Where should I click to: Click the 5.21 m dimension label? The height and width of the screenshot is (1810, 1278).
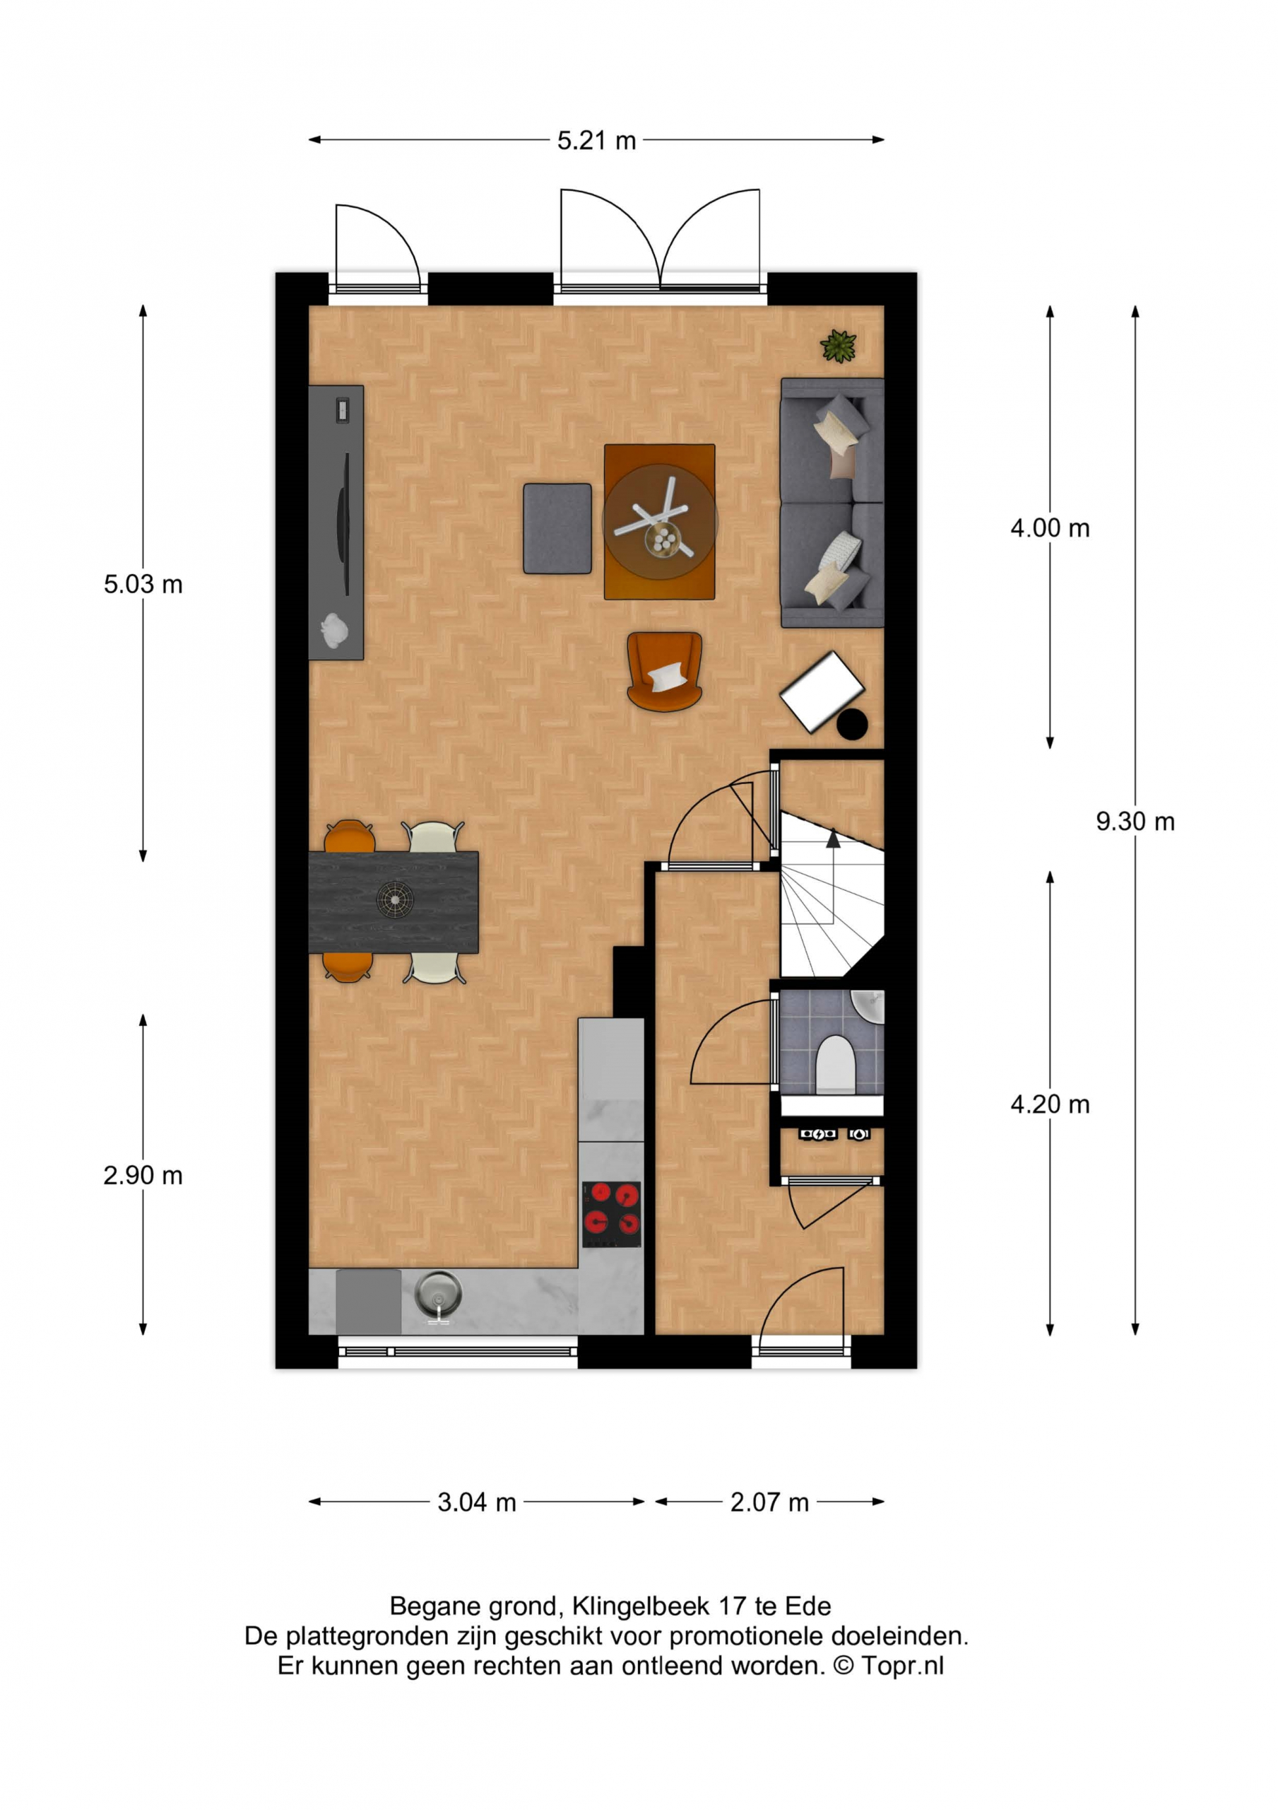tap(596, 141)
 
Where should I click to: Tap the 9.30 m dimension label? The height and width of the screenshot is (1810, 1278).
tap(1135, 822)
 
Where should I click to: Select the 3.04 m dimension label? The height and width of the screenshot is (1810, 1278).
tap(477, 1502)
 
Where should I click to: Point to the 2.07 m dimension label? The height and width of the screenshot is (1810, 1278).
tap(769, 1502)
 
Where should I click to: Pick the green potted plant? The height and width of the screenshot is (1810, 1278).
tap(839, 346)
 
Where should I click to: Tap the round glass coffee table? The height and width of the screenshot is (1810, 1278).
tap(661, 521)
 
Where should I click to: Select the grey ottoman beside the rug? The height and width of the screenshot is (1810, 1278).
tap(557, 528)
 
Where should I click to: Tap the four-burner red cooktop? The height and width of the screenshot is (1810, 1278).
tap(611, 1215)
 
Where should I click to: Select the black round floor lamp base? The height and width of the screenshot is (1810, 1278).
tap(852, 725)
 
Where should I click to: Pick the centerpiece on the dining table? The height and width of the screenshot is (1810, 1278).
tap(395, 899)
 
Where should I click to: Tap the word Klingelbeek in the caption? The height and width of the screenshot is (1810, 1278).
tap(642, 1606)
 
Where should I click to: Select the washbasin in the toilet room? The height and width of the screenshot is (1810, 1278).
tap(868, 1007)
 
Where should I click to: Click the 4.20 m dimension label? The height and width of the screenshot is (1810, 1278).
tap(1050, 1104)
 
